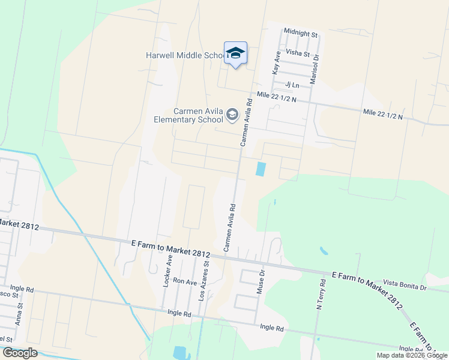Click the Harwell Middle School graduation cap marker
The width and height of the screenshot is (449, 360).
pyautogui.click(x=235, y=53)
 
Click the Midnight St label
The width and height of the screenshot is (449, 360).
pyautogui.click(x=300, y=34)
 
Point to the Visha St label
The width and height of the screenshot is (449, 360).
pyautogui.click(x=298, y=53)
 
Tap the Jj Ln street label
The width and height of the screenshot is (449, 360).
pyautogui.click(x=292, y=85)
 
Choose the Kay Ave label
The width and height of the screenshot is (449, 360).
pyautogui.click(x=277, y=62)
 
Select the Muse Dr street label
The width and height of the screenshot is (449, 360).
pyautogui.click(x=261, y=280)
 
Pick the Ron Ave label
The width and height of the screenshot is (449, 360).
pyautogui.click(x=185, y=281)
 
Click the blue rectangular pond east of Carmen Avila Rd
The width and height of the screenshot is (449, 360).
pyautogui.click(x=261, y=169)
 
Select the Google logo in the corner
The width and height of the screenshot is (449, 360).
pyautogui.click(x=20, y=353)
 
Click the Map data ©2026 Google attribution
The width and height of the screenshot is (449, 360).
pyautogui.click(x=411, y=355)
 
